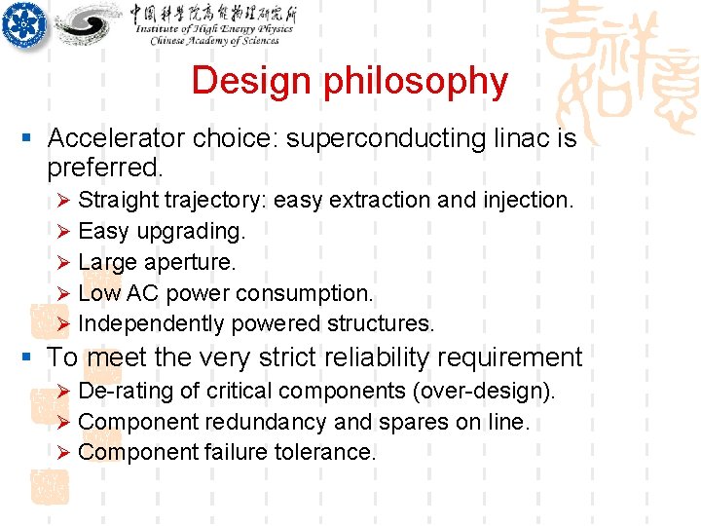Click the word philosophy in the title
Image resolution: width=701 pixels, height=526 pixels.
(x=416, y=82)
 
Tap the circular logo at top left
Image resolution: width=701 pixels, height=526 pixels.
(x=24, y=22)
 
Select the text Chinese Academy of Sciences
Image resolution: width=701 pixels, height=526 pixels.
(x=214, y=41)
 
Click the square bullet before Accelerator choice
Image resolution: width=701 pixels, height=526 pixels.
(x=31, y=139)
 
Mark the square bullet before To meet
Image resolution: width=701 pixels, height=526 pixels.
(x=31, y=358)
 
